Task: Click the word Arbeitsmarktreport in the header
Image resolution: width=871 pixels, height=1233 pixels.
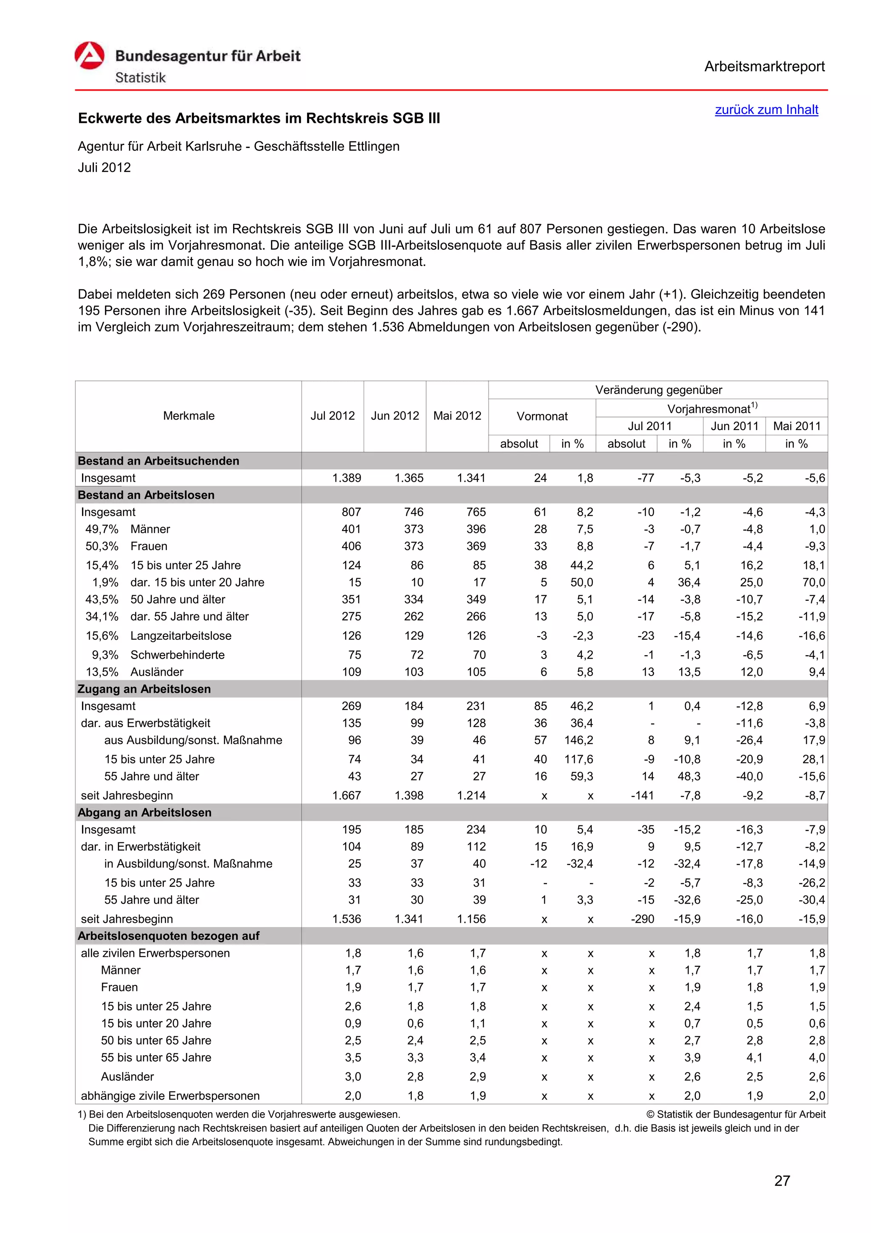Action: pos(764,67)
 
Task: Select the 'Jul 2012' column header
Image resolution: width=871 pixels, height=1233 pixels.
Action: pos(332,416)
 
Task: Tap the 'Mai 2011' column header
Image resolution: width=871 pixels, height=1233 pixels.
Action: pos(797,426)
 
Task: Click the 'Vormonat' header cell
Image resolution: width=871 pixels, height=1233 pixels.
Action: pos(541,416)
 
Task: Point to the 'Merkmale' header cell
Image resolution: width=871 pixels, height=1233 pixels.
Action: pos(188,416)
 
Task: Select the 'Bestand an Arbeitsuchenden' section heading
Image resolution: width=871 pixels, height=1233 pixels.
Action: pos(158,461)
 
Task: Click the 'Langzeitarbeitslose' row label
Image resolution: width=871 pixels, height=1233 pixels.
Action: pos(181,636)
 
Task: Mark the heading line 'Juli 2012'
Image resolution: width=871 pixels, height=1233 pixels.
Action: pos(104,168)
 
